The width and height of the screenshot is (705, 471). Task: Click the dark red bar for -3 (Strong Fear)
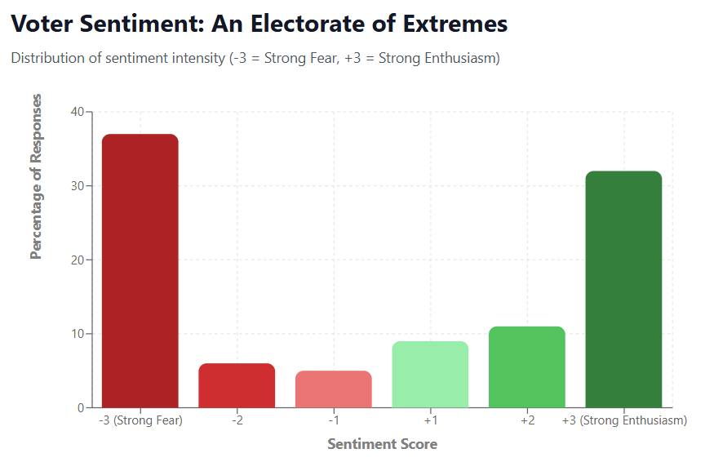point(140,270)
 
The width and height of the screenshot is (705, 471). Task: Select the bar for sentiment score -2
point(237,385)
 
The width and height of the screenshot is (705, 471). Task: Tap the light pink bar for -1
point(334,389)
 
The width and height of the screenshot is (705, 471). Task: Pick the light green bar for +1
point(430,375)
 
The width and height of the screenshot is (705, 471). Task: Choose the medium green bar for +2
point(527,367)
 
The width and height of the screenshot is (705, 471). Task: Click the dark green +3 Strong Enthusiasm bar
point(623,289)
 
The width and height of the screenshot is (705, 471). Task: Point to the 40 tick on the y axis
point(78,112)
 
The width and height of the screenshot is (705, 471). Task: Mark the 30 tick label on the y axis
point(78,186)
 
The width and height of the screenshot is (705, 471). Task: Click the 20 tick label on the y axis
point(78,260)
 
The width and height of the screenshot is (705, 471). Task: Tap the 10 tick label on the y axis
point(78,334)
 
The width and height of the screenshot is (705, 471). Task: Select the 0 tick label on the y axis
point(82,408)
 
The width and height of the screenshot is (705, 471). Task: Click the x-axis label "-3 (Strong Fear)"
point(140,421)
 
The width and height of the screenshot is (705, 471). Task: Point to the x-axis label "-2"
point(237,421)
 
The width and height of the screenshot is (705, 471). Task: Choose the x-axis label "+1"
point(430,421)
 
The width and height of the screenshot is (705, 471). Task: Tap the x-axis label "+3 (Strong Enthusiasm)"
point(624,421)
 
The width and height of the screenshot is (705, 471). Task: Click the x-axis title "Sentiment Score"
point(382,445)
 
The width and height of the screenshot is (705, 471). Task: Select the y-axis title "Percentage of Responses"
point(36,176)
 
